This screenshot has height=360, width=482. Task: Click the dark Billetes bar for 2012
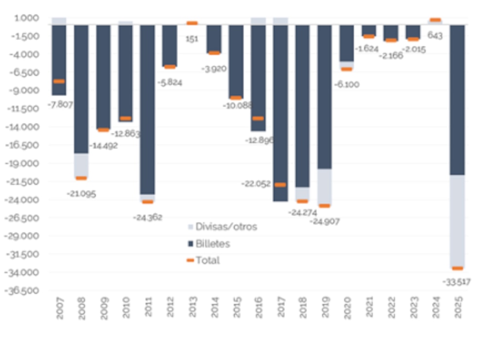(170, 46)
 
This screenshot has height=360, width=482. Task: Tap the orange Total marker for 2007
(59, 82)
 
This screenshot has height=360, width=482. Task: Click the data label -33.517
(456, 282)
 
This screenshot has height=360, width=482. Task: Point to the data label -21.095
(81, 193)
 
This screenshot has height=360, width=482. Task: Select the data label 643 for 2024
(435, 35)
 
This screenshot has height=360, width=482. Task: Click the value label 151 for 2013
(192, 39)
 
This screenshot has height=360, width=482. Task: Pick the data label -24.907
(325, 222)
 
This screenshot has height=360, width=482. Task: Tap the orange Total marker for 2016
(258, 119)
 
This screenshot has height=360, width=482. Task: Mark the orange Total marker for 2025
(457, 268)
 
